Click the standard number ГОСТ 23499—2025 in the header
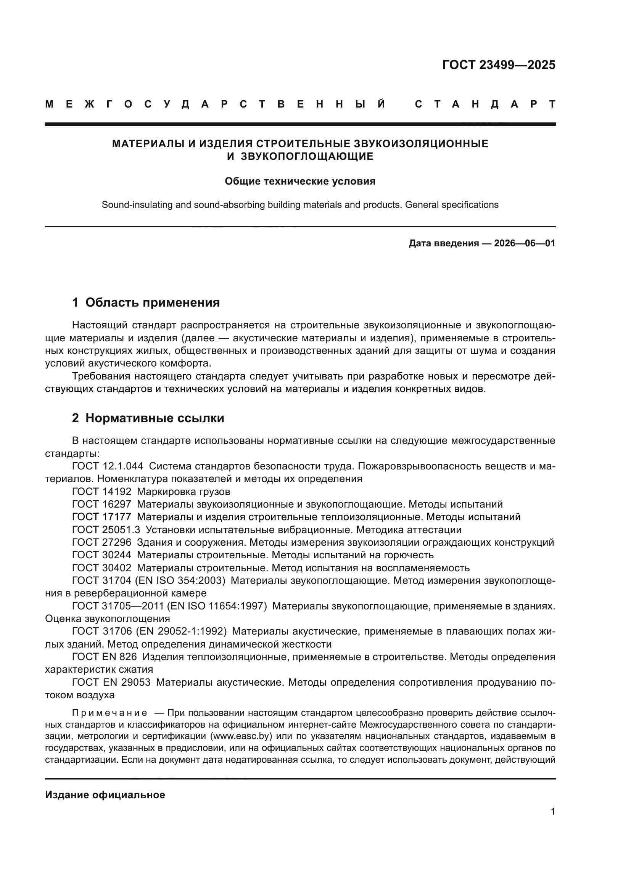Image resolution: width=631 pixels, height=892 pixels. click(499, 65)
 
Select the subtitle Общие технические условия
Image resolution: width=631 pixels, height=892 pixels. click(300, 182)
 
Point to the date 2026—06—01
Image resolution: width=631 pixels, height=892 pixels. click(524, 244)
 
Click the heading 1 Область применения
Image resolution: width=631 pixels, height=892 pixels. click(146, 302)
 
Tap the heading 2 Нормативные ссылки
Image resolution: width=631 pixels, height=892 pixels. click(148, 418)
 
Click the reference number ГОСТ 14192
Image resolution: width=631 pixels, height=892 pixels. click(101, 492)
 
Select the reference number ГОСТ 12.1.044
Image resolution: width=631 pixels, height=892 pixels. click(107, 466)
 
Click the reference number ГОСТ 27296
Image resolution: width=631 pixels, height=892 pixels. click(101, 542)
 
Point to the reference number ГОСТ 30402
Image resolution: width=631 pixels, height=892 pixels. click(101, 568)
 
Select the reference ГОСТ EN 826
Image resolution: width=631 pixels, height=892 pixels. click(104, 657)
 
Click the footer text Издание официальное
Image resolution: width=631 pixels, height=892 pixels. click(105, 795)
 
